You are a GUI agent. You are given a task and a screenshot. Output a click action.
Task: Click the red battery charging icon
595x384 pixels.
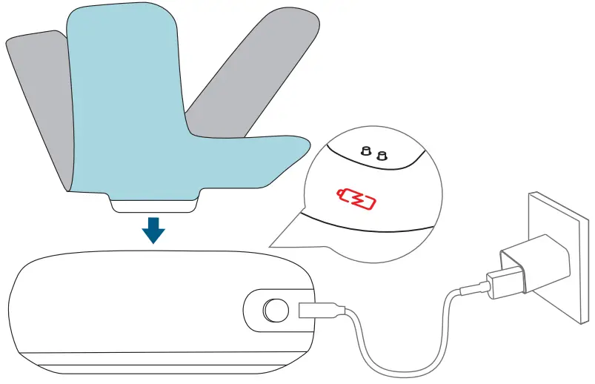click(x=358, y=199)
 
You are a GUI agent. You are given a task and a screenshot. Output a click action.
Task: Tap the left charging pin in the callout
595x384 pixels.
click(x=365, y=151)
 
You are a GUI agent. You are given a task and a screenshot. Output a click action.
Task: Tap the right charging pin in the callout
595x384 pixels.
click(x=382, y=155)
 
